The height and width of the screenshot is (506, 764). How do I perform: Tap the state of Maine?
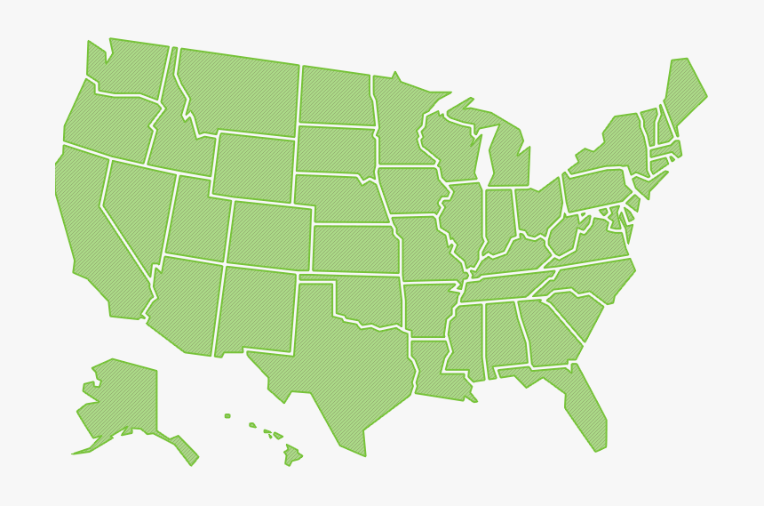(684, 89)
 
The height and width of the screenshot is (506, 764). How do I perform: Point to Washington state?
(129, 67)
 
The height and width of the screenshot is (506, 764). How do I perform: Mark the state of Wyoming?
(253, 165)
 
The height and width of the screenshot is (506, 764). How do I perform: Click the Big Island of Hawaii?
(291, 456)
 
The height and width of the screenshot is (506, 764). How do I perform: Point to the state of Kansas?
(355, 248)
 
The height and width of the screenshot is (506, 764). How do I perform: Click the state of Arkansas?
(428, 309)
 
